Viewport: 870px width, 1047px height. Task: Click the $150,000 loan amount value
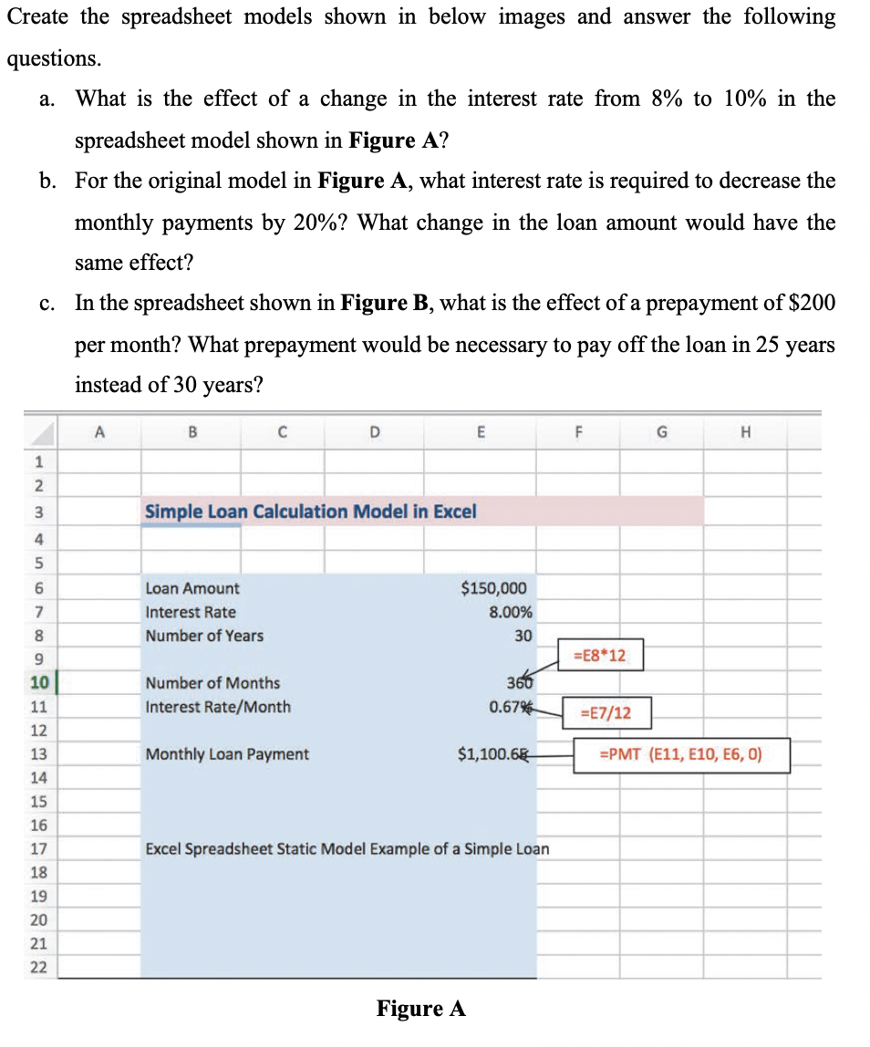(x=493, y=588)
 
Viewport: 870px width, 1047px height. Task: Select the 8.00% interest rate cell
(x=511, y=612)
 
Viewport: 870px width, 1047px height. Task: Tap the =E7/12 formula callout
(x=606, y=713)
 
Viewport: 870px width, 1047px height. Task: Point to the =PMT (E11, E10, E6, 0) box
(x=680, y=754)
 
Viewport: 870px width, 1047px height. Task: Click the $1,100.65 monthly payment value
(x=492, y=754)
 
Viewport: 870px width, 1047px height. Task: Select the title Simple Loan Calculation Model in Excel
(x=310, y=512)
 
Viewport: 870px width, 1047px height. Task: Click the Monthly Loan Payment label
(x=227, y=754)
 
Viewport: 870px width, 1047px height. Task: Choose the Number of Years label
(x=204, y=636)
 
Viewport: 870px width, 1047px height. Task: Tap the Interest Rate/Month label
(x=218, y=707)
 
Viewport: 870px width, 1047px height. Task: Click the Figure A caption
(x=420, y=1008)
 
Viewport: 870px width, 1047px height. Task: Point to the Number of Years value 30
(x=523, y=636)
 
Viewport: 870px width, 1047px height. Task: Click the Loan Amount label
(x=192, y=588)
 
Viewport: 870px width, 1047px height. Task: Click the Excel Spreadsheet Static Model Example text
(x=347, y=849)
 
